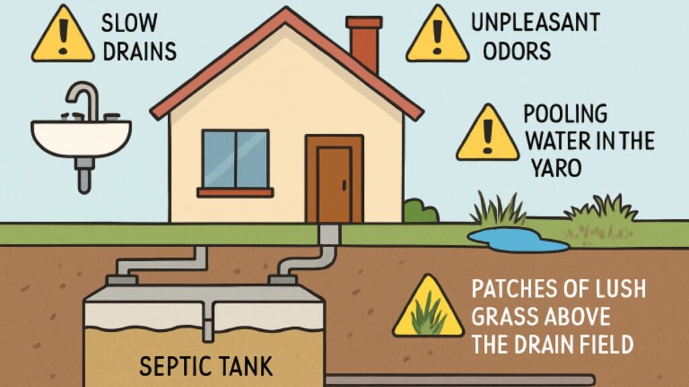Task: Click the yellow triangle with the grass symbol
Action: [427, 309]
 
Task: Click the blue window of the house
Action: [235, 159]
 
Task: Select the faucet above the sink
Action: [84, 101]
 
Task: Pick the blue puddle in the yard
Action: [518, 241]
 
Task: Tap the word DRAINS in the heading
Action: [139, 50]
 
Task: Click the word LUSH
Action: [614, 290]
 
